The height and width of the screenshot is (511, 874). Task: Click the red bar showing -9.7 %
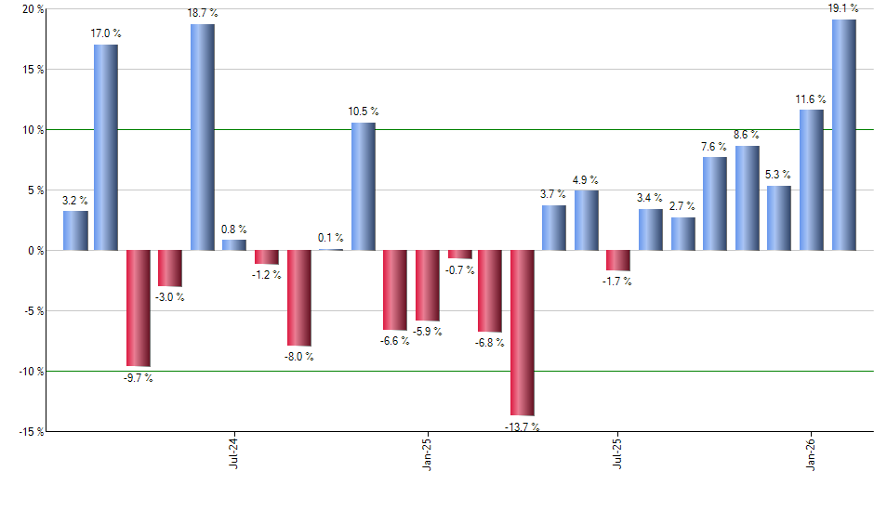tap(139, 308)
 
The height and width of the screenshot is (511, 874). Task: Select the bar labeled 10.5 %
tap(364, 186)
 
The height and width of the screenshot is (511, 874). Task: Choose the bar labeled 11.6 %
tap(812, 180)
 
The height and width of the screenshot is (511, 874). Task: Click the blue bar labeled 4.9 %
tap(587, 220)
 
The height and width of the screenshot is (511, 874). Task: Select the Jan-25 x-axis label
tap(426, 451)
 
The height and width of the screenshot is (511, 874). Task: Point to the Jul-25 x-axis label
tap(617, 451)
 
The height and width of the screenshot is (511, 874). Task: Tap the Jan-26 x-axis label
tap(811, 451)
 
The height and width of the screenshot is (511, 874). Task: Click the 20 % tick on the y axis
tap(22, 9)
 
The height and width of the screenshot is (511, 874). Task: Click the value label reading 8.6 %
tap(747, 135)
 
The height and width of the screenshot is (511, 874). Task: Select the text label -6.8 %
tap(489, 343)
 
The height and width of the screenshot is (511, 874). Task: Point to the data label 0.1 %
tap(330, 238)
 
